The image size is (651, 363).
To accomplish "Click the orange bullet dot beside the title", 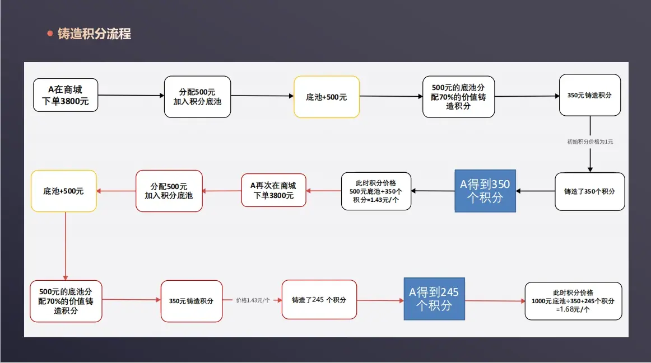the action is coord(50,34).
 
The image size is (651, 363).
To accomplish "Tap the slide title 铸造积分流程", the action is coord(94,34).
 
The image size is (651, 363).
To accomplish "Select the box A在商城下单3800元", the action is coord(66,95).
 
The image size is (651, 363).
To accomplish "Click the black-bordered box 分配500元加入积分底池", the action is coord(197,97).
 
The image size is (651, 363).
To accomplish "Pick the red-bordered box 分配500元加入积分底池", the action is coord(169,191).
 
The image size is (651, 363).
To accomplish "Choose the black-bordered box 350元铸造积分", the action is coord(589,95).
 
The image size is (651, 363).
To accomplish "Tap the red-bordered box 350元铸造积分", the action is coord(192,301).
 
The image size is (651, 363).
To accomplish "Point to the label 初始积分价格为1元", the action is coord(590,142).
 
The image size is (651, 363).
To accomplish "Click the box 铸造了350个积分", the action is coord(589,191).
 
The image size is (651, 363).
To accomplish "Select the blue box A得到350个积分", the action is coord(485,191).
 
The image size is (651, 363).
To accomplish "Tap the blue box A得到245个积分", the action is coord(434,299).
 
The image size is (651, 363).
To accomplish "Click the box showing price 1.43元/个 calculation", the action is coord(376,191).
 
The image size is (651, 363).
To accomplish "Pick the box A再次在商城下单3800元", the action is coord(273,191).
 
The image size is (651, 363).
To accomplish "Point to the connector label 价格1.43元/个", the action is coord(253,300).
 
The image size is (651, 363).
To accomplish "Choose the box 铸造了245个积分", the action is coord(319,300).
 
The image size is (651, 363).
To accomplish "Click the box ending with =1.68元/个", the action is coord(573,301).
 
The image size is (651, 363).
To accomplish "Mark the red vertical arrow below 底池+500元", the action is coord(65,246).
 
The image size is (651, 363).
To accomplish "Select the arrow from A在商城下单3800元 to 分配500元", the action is coord(131,95).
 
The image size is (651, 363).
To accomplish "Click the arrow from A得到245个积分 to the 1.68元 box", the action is coord(495,301).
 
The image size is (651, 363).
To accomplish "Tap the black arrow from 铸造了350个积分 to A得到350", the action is coord(535,191).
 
